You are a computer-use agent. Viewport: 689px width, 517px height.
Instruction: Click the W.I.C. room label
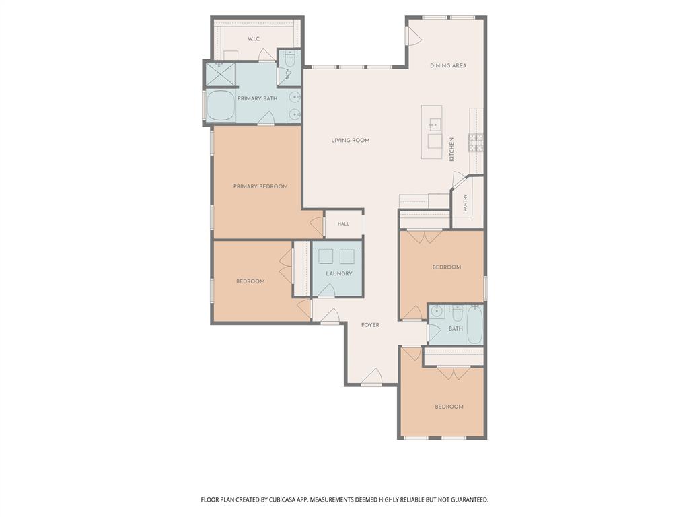tap(254, 39)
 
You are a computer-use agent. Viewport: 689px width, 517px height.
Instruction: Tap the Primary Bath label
tap(258, 98)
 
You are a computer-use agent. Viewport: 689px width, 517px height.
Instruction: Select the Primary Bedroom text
tap(260, 186)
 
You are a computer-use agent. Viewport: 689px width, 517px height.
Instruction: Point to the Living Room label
tap(350, 140)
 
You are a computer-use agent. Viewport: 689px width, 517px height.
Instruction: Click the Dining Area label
tap(448, 65)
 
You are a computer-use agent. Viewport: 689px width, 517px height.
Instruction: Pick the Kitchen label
tap(451, 149)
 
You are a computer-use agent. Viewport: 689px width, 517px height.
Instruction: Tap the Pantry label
tap(465, 203)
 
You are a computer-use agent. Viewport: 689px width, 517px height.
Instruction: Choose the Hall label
tap(344, 223)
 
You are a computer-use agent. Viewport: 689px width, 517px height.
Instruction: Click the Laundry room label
tap(339, 273)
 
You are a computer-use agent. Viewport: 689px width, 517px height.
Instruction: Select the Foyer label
tap(370, 325)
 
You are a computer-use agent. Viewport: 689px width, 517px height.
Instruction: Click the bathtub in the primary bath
tap(221, 106)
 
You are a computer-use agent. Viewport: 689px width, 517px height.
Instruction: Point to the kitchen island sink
tap(434, 125)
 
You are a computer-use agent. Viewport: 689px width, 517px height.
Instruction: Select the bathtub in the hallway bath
tap(474, 325)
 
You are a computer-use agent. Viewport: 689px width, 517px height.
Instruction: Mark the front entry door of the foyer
tap(371, 377)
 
